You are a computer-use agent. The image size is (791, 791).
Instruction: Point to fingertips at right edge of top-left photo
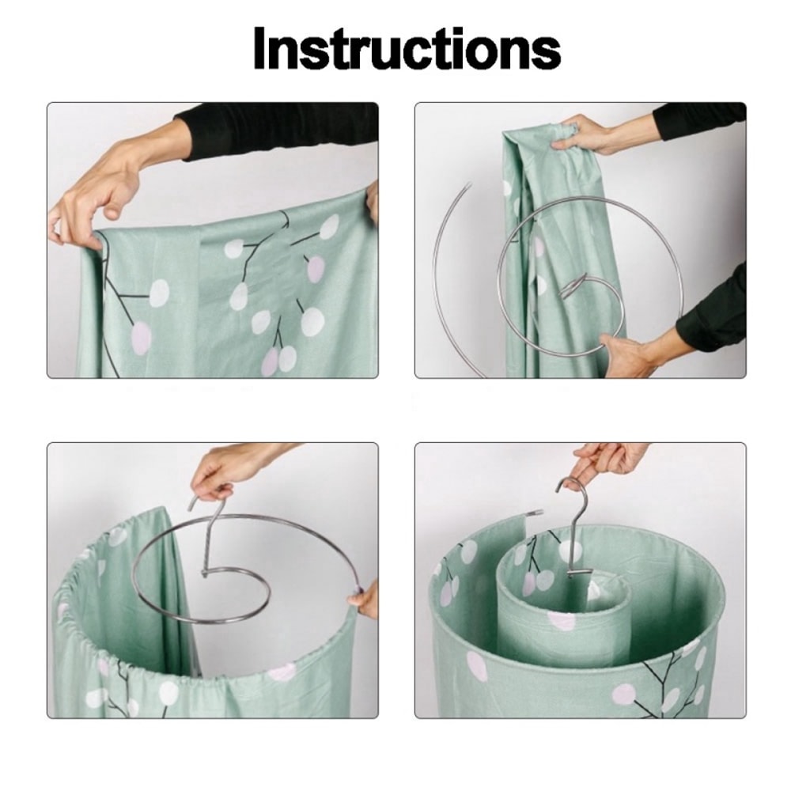click(x=372, y=201)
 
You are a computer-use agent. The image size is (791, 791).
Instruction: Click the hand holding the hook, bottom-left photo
click(x=229, y=471)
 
